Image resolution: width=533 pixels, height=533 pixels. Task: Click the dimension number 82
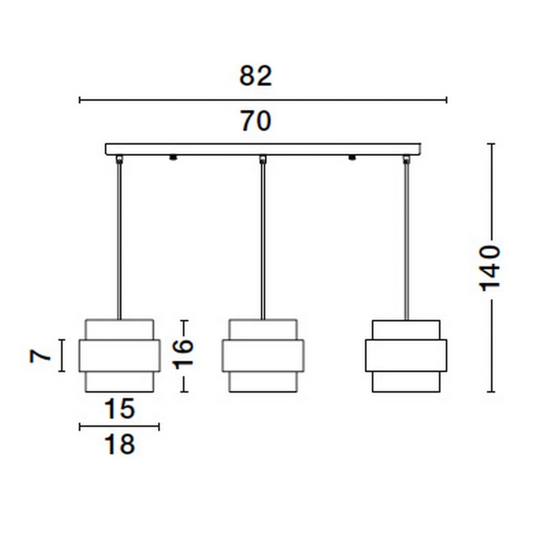pos(255,76)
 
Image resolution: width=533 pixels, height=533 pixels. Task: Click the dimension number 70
pos(256,121)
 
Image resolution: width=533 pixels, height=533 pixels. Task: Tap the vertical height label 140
pos(491,268)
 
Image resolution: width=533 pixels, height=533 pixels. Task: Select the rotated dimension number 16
pos(183,354)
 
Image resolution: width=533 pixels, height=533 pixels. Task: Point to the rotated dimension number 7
pos(39,356)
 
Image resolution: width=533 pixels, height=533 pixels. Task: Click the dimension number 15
pos(119,409)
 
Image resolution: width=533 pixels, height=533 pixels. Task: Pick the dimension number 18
pos(119,444)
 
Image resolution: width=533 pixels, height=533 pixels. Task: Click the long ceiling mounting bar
pos(263,149)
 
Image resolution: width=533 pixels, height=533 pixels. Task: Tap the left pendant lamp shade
pos(119,356)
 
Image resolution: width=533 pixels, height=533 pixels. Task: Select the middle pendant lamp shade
pos(263,356)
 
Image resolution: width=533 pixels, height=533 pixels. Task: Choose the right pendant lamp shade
pos(406,356)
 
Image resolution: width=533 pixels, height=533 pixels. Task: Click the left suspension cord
pos(119,240)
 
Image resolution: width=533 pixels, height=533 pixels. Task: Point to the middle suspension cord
pos(263,240)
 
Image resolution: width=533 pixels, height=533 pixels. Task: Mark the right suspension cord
pos(406,240)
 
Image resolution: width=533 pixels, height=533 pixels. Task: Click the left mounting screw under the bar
pos(173,157)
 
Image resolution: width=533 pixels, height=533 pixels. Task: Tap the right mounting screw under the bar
pos(352,157)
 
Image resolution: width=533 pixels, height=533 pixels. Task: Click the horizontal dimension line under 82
pos(263,100)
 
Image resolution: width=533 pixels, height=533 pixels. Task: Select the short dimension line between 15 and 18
pos(119,427)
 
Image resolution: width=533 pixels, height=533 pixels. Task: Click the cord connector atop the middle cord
pos(263,159)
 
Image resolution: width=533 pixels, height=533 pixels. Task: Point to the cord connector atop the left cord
pos(119,159)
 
